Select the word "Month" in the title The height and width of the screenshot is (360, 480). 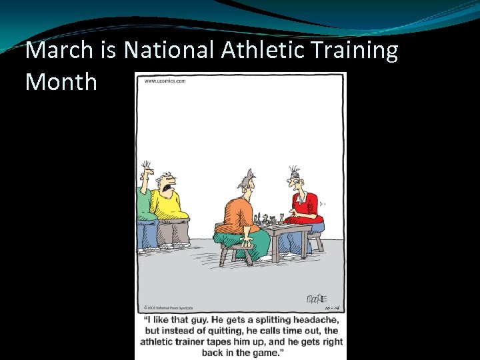pyautogui.click(x=61, y=83)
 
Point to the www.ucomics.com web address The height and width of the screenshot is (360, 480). pyautogui.click(x=164, y=81)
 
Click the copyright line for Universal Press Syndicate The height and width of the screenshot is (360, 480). pyautogui.click(x=171, y=308)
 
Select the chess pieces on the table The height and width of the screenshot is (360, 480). pyautogui.click(x=271, y=219)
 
